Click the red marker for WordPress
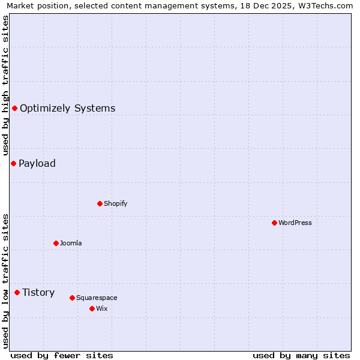[274, 223]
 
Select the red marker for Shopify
[100, 203]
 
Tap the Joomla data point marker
[56, 243]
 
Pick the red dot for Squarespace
[72, 298]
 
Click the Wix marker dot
[92, 308]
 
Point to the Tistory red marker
[17, 292]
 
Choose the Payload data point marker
[13, 163]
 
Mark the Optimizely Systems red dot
[14, 108]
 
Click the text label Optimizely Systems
[67, 109]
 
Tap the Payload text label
[37, 164]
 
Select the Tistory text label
[38, 293]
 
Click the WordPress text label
[295, 223]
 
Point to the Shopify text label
[115, 203]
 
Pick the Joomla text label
[71, 243]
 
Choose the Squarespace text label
[97, 298]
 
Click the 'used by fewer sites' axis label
[62, 355]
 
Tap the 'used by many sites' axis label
[301, 355]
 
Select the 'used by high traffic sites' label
[5, 85]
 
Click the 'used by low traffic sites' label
[5, 281]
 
